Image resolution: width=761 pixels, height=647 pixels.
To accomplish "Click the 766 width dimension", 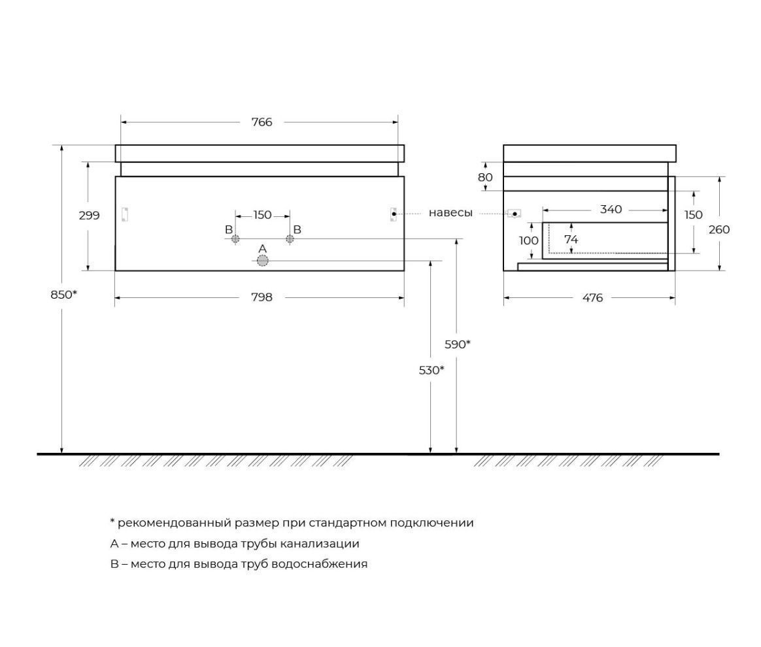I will pos(262,122).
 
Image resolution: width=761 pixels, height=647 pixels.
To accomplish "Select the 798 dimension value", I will pos(262,297).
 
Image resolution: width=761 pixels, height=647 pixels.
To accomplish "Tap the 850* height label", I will pos(64,294).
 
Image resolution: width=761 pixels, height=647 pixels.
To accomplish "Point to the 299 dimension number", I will pos(90,215).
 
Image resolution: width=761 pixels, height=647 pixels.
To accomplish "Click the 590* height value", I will pos(458,344).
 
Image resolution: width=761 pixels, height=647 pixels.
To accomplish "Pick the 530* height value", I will pos(431,370).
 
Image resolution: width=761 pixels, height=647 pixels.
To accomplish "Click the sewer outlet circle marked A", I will pos(263,261).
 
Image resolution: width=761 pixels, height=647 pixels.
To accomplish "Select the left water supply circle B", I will pos(235,239).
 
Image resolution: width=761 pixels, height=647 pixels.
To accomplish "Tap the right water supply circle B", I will pos(290,239).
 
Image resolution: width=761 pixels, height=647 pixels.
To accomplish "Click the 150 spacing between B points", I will pos(262,215).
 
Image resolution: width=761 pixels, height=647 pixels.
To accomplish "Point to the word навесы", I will pos(450,213).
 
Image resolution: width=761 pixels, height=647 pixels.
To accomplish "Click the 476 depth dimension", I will pos(592,298).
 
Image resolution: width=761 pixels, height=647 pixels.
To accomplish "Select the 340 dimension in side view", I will pos(611,210).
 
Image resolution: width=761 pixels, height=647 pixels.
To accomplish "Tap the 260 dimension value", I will pos(719,229).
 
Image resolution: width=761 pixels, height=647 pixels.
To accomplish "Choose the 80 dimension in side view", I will pos(485,177).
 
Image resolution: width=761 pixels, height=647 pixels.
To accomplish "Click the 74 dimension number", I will pos(571,240).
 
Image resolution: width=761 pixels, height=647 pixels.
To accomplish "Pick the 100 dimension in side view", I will pos(529,241).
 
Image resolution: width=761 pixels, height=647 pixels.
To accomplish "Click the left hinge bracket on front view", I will pos(126,214).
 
